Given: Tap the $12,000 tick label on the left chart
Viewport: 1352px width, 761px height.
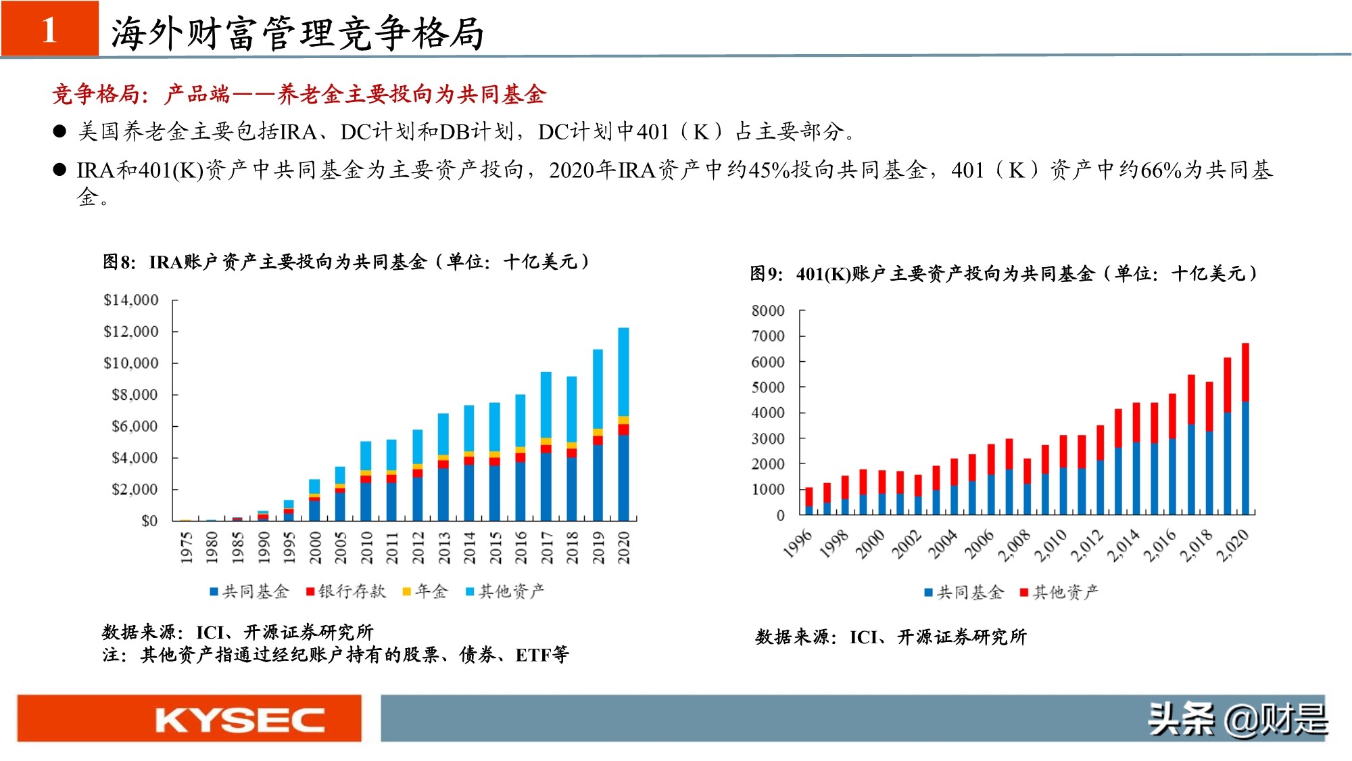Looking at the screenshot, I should [130, 331].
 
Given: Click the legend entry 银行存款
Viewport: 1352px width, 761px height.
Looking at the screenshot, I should [345, 592].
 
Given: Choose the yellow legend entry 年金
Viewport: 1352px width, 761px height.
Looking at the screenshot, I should [425, 592].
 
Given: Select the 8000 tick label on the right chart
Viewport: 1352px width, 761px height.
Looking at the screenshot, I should [767, 310].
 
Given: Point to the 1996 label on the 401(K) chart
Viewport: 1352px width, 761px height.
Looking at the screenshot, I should [798, 545].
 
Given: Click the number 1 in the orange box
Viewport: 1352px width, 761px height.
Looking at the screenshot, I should [49, 30].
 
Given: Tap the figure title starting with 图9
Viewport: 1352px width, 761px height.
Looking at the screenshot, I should [1003, 274].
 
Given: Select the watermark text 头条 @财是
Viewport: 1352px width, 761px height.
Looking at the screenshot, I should [1237, 718].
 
